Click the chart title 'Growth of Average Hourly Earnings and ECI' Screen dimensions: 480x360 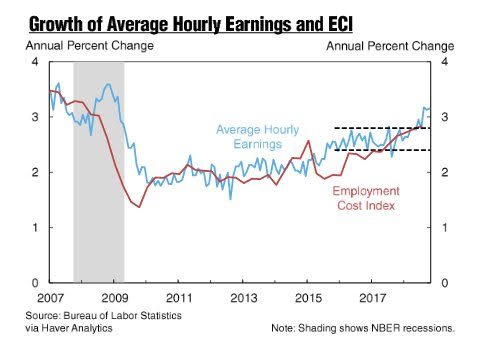point(191,24)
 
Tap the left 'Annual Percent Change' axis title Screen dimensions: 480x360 point(90,45)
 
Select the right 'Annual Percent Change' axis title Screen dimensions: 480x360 point(390,46)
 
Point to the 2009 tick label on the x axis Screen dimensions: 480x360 point(115,298)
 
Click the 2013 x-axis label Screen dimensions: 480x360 point(244,298)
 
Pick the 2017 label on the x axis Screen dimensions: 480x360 point(373,298)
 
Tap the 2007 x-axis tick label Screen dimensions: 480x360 point(50,298)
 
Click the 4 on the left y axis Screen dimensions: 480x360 point(35,62)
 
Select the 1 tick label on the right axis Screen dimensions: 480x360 point(444,228)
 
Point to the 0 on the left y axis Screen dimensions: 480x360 point(35,283)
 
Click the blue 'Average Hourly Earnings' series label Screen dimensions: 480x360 point(258,137)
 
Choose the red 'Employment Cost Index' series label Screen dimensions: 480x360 point(366,198)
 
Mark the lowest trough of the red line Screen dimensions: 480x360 point(139,207)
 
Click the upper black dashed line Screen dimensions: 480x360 point(382,128)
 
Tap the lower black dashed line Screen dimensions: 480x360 point(382,150)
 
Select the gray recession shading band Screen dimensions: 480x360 point(99,172)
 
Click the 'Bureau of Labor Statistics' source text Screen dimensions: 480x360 point(123,315)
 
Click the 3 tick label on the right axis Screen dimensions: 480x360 point(444,117)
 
